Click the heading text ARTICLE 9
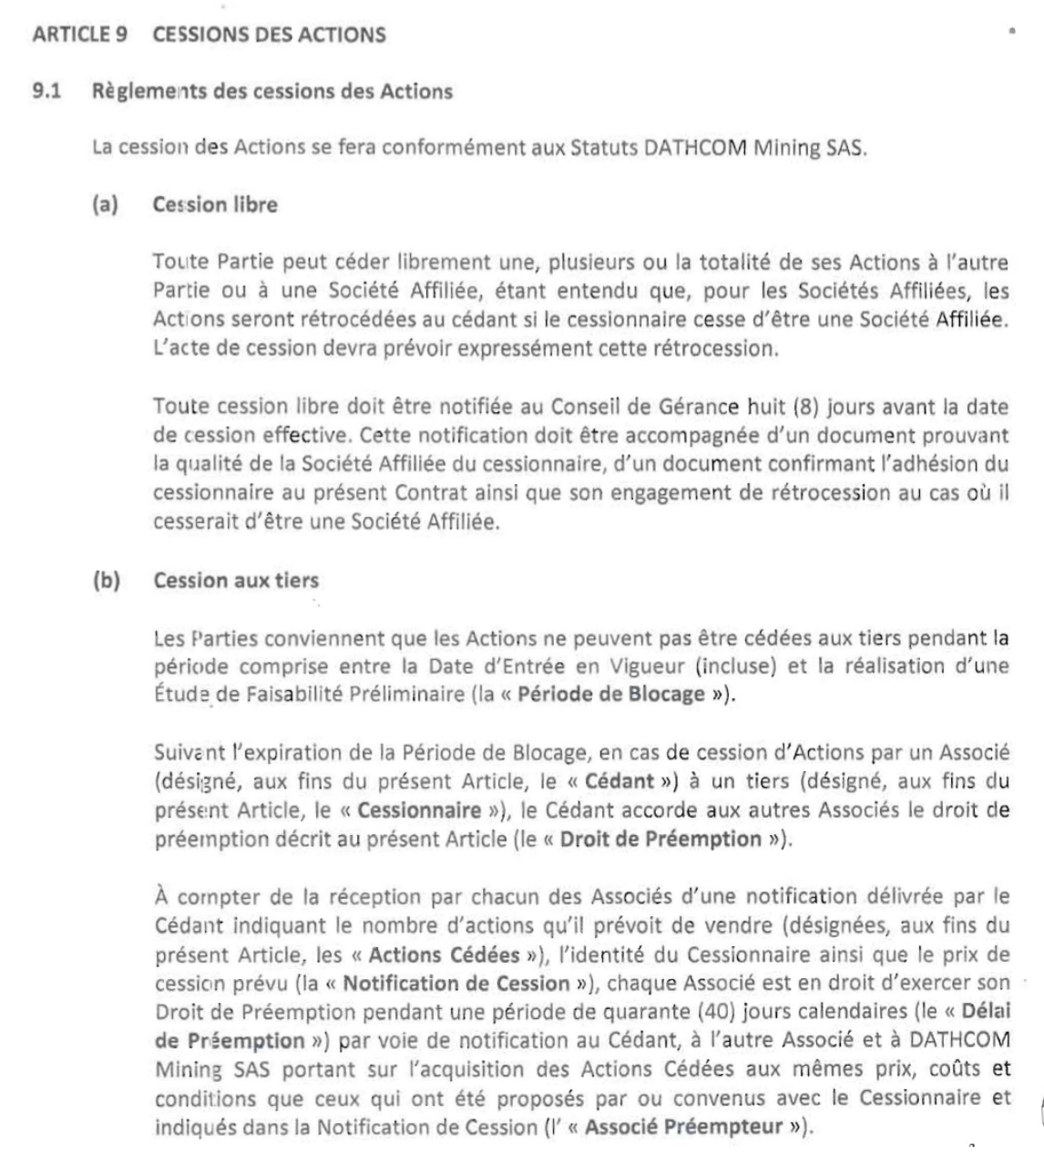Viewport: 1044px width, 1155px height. pos(79,35)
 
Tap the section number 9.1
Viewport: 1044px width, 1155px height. pos(46,91)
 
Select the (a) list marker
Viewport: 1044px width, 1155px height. pos(106,204)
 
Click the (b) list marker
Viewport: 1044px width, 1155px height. pos(106,580)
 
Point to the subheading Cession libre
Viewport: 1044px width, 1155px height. pos(215,204)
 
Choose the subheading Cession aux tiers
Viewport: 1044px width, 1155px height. pos(236,580)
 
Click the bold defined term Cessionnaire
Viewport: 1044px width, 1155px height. pos(419,810)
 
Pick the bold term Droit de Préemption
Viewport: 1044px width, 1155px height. pos(660,839)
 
